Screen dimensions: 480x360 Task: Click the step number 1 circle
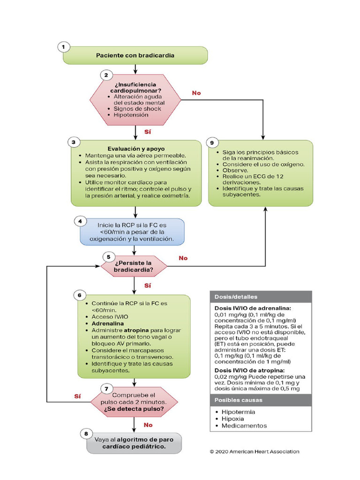click(x=63, y=47)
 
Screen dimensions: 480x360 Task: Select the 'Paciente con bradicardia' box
click(x=135, y=55)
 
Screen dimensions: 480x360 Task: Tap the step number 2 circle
click(x=106, y=75)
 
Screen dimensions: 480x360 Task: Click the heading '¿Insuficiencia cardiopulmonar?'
click(x=133, y=87)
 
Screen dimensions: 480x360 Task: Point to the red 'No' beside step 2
click(x=196, y=93)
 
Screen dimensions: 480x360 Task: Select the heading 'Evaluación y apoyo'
click(x=136, y=148)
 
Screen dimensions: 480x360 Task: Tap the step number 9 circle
click(x=213, y=142)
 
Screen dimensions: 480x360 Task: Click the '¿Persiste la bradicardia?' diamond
click(x=134, y=266)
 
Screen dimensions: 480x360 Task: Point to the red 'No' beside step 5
click(x=183, y=258)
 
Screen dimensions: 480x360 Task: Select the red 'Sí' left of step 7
click(x=78, y=396)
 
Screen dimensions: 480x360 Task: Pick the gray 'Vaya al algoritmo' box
click(x=134, y=443)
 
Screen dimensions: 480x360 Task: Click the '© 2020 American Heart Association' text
click(x=254, y=452)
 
